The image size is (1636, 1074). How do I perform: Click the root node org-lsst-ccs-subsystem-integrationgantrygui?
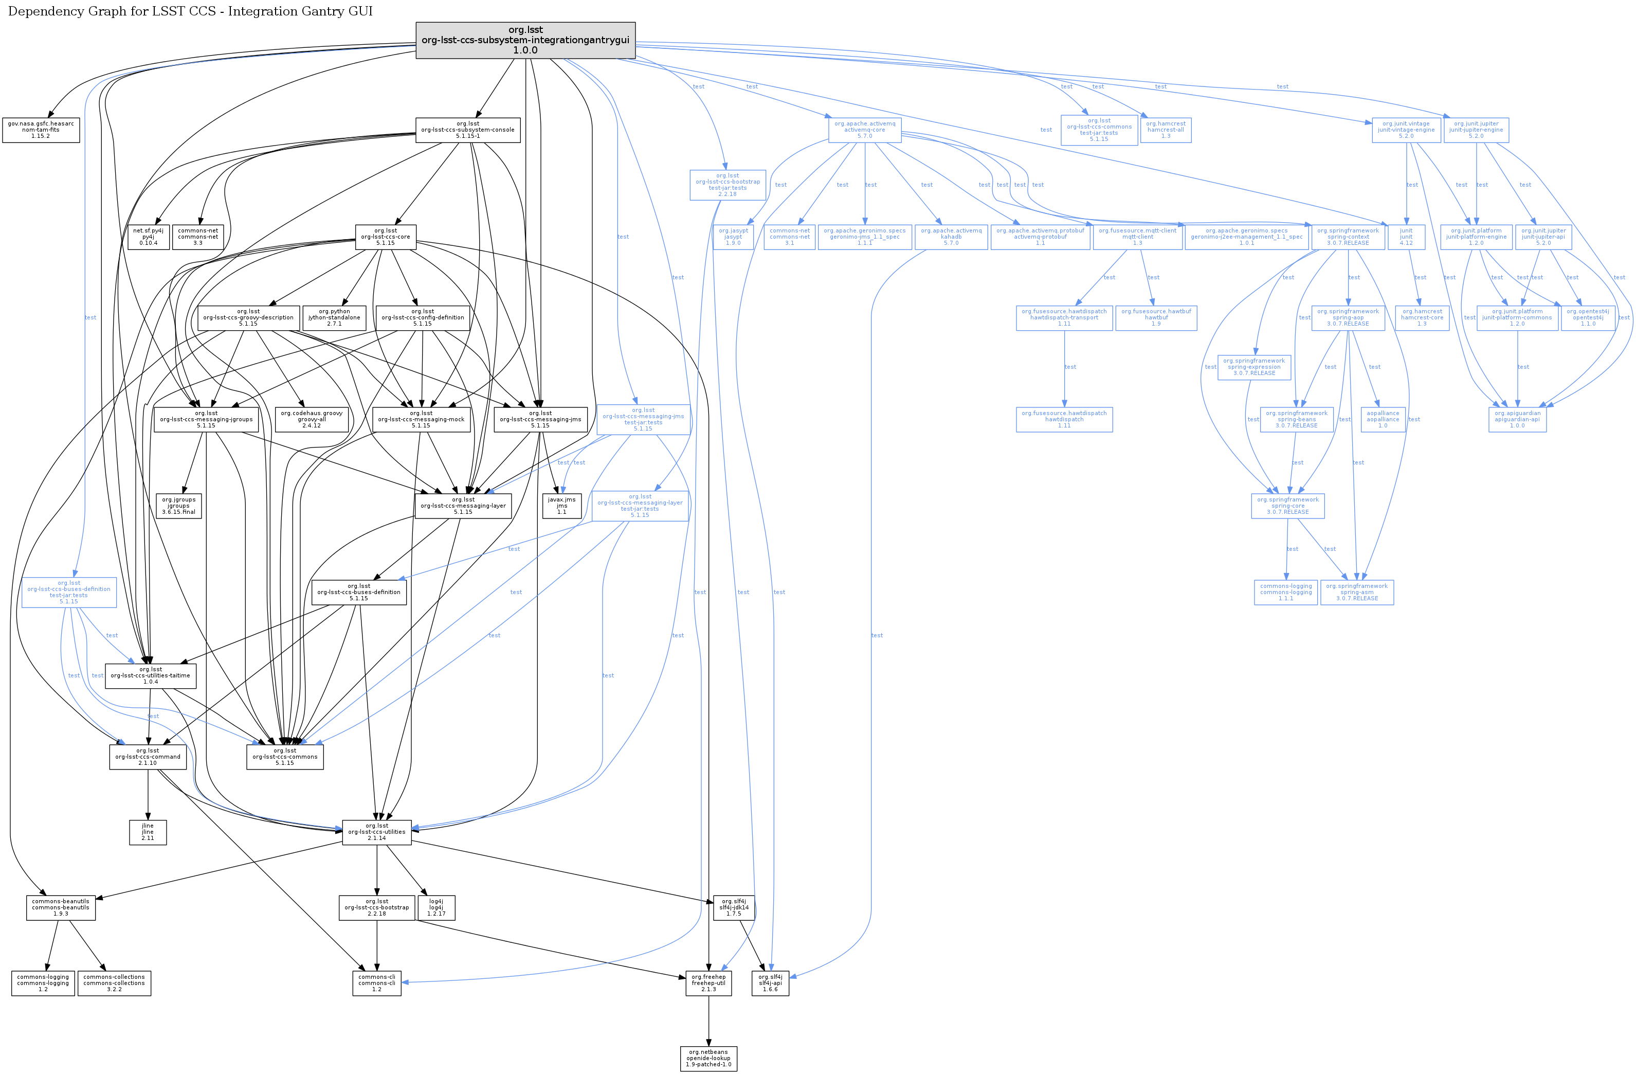[525, 40]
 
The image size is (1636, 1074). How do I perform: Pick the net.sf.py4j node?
[149, 237]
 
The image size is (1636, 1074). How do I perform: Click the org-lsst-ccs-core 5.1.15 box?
[385, 237]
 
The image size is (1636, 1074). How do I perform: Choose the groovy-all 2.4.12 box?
[312, 419]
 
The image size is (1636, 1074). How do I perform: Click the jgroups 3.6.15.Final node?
[179, 506]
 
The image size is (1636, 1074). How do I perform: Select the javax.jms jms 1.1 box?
[561, 506]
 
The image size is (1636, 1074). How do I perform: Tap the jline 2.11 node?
[148, 832]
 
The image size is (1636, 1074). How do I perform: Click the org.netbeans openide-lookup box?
[708, 1058]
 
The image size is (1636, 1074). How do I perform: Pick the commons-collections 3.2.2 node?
[114, 982]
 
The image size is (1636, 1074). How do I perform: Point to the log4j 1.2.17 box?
[436, 908]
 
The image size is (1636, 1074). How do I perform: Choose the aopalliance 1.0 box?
[1383, 419]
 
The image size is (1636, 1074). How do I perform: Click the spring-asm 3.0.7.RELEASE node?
[1356, 592]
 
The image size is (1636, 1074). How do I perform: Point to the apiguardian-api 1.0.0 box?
[1517, 419]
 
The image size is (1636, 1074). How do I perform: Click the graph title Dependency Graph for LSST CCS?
[190, 12]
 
